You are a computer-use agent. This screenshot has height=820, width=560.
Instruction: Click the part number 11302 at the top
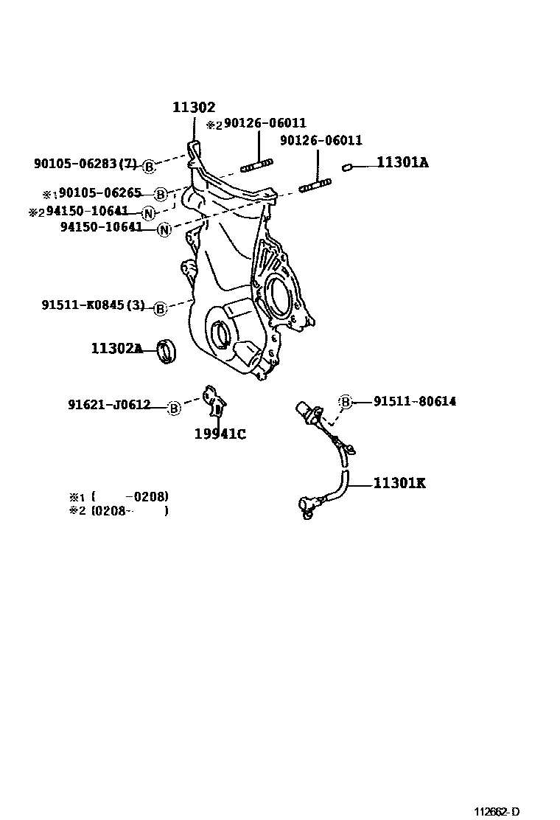pyautogui.click(x=194, y=108)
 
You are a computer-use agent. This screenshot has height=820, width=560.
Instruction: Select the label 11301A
pyautogui.click(x=402, y=162)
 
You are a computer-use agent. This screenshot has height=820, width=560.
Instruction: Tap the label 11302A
pyautogui.click(x=116, y=348)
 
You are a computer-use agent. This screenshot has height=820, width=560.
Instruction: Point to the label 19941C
pyautogui.click(x=220, y=434)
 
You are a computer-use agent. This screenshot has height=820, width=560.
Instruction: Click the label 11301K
pyautogui.click(x=399, y=484)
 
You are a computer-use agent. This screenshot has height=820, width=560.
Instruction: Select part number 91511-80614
pyautogui.click(x=414, y=401)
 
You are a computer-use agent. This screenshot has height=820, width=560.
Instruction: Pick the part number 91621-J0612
pyautogui.click(x=109, y=405)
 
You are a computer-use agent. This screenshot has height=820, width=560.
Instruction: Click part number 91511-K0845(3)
pyautogui.click(x=93, y=306)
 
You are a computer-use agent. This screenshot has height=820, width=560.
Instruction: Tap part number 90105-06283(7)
pyautogui.click(x=85, y=164)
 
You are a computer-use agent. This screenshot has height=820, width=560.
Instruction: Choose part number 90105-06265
pyautogui.click(x=99, y=193)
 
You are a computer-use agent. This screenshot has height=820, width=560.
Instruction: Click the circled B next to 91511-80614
pyautogui.click(x=345, y=401)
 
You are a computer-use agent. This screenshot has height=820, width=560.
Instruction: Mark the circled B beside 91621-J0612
pyautogui.click(x=174, y=407)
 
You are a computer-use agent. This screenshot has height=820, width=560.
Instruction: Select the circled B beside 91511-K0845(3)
pyautogui.click(x=160, y=308)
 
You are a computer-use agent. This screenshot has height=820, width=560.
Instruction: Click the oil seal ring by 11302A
pyautogui.click(x=168, y=351)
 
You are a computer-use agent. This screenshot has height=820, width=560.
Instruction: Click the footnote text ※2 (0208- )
pyautogui.click(x=118, y=510)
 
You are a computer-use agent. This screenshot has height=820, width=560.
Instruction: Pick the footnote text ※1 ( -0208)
pyautogui.click(x=118, y=496)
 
